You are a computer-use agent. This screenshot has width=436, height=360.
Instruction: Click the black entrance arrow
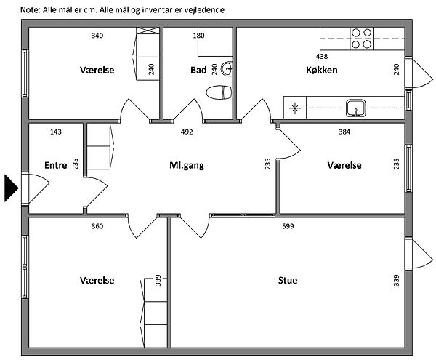coord(11,188)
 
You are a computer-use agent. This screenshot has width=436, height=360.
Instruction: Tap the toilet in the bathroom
coord(219,92)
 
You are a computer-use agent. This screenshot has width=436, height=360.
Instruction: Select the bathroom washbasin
coord(227,68)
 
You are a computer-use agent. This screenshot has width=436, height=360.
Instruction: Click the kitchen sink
coord(355,108)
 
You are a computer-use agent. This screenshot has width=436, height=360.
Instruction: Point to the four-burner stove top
coord(361,39)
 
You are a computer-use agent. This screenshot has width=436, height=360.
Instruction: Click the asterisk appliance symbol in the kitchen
coord(295,108)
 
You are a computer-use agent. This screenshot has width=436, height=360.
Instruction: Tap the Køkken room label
coord(322,70)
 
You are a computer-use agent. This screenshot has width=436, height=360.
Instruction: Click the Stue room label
coord(288,280)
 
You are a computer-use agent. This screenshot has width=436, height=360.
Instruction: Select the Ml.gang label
coord(187,166)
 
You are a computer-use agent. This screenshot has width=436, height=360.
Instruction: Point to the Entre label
coord(56,165)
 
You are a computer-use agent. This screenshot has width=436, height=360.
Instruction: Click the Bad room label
coord(198,70)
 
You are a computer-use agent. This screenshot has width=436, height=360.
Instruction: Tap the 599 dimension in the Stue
coord(288,226)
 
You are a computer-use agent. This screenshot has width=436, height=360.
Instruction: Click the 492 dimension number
coord(187,132)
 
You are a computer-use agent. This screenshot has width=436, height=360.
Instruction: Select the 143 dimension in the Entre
coord(56,132)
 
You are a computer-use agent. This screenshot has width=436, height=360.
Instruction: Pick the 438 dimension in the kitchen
coord(322,57)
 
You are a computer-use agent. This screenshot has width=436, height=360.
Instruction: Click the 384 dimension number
coord(344,132)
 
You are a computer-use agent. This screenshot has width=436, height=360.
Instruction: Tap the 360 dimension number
coord(97,226)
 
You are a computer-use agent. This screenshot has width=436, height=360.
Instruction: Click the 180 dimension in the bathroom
coord(199,36)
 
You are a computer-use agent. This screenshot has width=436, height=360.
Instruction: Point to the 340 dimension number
coord(97,36)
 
